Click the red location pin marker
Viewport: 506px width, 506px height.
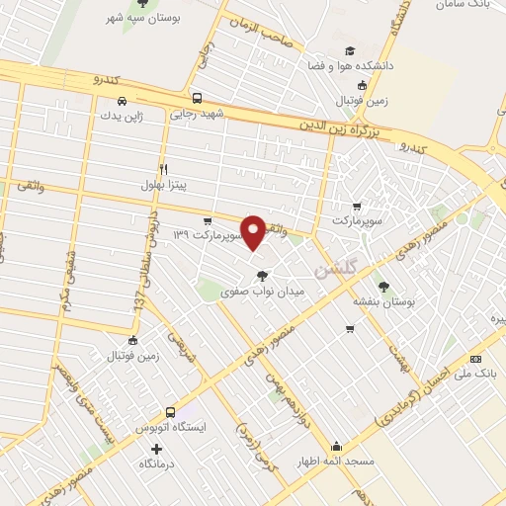click(254, 231)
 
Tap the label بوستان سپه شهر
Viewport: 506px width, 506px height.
click(144, 19)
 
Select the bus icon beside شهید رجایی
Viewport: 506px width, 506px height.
click(198, 99)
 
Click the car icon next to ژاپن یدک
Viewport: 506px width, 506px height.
click(122, 101)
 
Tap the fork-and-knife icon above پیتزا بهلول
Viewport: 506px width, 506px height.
click(164, 169)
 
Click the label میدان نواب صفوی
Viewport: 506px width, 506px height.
click(263, 292)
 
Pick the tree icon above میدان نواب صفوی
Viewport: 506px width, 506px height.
click(261, 276)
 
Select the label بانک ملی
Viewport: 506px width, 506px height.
click(478, 374)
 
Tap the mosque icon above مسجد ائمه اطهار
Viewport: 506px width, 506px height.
click(338, 445)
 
